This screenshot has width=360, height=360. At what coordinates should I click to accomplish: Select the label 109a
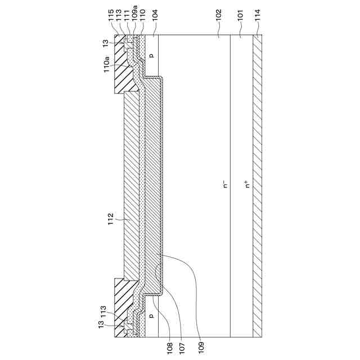point(135,11)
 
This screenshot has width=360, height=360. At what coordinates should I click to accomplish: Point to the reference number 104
point(154,12)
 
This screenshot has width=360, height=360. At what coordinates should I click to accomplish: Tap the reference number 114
point(258,12)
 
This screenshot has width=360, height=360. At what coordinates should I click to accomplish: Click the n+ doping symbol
point(247,183)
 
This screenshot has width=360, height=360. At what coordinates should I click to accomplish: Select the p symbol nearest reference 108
point(151,316)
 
